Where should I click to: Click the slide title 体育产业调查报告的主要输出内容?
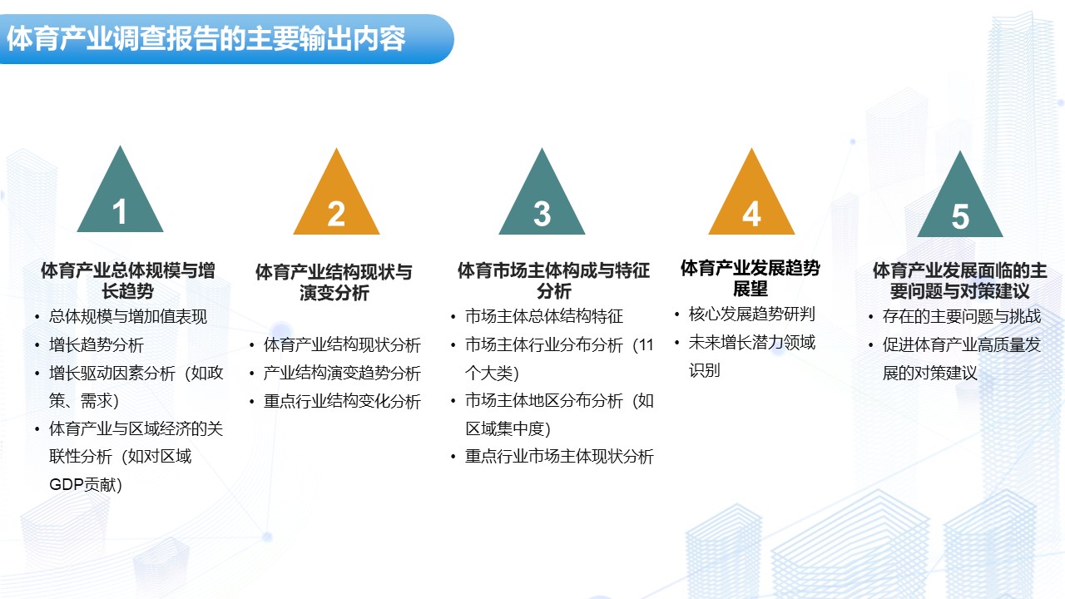click(x=206, y=38)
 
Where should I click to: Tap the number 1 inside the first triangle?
click(x=119, y=211)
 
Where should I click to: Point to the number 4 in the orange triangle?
click(x=751, y=214)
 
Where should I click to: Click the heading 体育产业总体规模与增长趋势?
click(x=127, y=280)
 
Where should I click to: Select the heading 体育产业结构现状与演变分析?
click(x=334, y=282)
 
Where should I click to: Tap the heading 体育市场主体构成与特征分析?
click(x=553, y=280)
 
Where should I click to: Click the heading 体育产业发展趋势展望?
click(x=750, y=278)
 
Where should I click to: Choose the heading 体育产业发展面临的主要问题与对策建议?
click(x=959, y=280)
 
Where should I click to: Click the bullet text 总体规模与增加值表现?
click(x=128, y=317)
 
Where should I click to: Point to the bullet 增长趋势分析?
click(x=96, y=345)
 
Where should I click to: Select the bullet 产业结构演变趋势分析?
click(x=342, y=374)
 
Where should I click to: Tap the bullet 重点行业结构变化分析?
click(x=342, y=402)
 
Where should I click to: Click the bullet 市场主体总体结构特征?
click(x=544, y=316)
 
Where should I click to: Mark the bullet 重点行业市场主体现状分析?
click(x=560, y=457)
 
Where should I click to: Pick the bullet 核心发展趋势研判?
click(x=751, y=314)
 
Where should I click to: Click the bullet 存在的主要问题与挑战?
click(x=962, y=316)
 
